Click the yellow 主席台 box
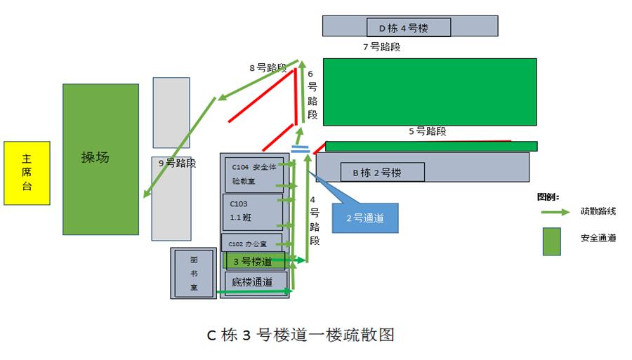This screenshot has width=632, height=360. pyautogui.click(x=27, y=173)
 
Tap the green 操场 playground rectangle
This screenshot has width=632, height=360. pyautogui.click(x=100, y=159)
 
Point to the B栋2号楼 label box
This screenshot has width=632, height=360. pyautogui.click(x=382, y=172)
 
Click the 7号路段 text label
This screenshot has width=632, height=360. pyautogui.click(x=381, y=47)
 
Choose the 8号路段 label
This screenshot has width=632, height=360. pyautogui.click(x=268, y=68)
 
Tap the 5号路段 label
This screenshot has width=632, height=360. pyautogui.click(x=427, y=131)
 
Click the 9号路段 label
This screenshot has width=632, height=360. pyautogui.click(x=177, y=164)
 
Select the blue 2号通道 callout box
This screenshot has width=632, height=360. pyautogui.click(x=364, y=218)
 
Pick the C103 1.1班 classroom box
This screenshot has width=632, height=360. pyautogui.click(x=252, y=211)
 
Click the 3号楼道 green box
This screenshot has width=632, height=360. pyautogui.click(x=255, y=261)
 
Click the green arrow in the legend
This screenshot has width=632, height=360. pyautogui.click(x=555, y=211)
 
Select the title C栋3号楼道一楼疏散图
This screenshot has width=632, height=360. pyautogui.click(x=301, y=335)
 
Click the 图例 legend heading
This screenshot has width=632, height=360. pyautogui.click(x=548, y=196)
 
